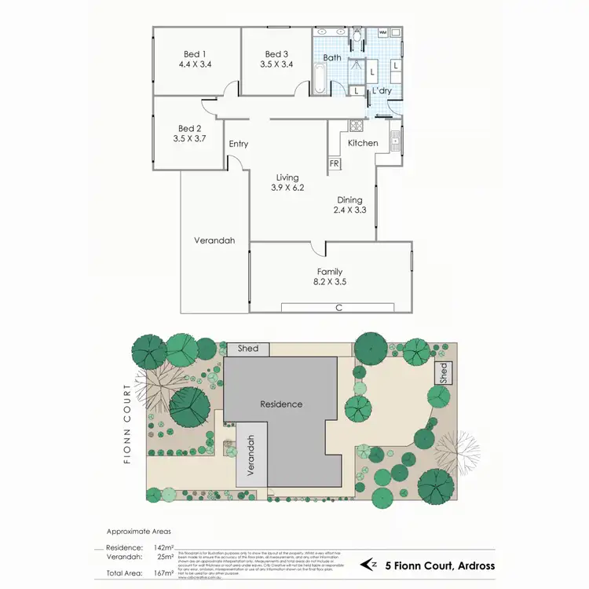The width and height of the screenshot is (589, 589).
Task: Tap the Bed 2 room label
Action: [190, 128]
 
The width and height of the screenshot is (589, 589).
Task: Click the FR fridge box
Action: [334, 164]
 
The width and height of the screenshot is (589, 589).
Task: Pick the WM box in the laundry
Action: [383, 32]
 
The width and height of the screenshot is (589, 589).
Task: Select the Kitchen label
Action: [364, 143]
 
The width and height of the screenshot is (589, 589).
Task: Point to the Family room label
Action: [330, 272]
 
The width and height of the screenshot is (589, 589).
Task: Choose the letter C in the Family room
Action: [339, 307]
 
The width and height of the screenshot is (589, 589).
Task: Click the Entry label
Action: [239, 144]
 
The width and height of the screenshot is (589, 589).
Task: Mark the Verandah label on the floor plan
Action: [215, 241]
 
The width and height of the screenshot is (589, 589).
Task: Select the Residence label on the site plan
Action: [281, 404]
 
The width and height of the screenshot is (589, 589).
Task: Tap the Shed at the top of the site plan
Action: [247, 349]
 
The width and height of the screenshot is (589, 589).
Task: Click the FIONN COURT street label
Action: [127, 424]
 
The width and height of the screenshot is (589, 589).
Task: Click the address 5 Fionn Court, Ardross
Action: [439, 564]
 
